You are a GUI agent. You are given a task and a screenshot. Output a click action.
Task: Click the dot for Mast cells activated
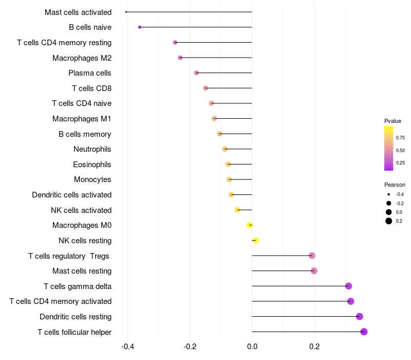click(x=126, y=12)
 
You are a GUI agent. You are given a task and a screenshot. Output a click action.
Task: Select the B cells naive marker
click(x=140, y=27)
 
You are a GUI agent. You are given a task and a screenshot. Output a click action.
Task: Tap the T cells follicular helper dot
click(x=364, y=332)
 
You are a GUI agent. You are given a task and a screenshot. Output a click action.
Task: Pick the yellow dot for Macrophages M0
click(x=250, y=225)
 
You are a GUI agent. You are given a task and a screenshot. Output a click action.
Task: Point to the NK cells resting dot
click(x=255, y=240)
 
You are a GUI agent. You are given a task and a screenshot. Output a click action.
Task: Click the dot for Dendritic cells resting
click(x=360, y=316)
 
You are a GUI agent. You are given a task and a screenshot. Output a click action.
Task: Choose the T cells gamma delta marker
click(x=348, y=286)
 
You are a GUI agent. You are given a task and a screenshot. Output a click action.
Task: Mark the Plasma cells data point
click(x=196, y=73)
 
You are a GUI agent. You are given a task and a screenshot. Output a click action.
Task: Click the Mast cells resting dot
click(x=314, y=271)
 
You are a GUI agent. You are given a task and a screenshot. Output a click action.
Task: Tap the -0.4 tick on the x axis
click(x=128, y=347)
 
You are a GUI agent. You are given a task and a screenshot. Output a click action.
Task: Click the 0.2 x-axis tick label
click(x=314, y=347)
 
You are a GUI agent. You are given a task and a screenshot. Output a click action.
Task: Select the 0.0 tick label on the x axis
click(x=252, y=347)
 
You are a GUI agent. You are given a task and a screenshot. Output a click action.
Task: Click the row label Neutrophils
click(x=92, y=149)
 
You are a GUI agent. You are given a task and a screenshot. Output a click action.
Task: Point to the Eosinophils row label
click(x=92, y=165)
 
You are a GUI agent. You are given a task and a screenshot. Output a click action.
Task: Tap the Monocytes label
click(x=92, y=179)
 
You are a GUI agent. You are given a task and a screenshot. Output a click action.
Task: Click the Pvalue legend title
click(x=393, y=121)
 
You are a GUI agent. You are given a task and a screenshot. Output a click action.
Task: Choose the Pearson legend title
click(x=395, y=185)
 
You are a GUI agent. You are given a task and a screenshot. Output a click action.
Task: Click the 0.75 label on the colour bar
click(x=400, y=138)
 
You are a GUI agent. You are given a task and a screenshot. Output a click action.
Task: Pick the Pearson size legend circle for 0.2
click(x=389, y=221)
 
